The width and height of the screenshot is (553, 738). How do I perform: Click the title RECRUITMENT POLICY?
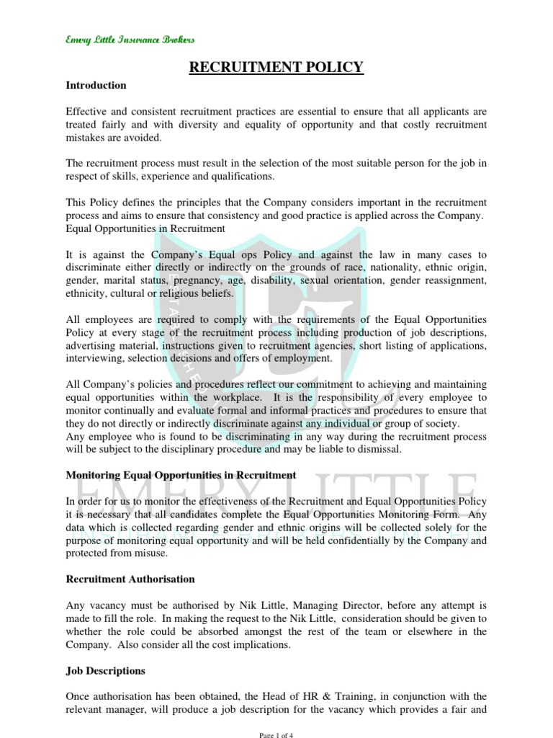click(x=276, y=68)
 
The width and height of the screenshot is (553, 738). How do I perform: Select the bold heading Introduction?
click(x=96, y=85)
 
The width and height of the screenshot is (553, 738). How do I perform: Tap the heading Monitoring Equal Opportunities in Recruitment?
click(x=181, y=475)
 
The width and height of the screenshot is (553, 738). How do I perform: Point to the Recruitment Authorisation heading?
click(x=130, y=579)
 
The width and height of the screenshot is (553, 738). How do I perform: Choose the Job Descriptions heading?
click(x=106, y=670)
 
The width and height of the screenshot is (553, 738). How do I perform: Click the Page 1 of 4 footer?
click(x=276, y=734)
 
